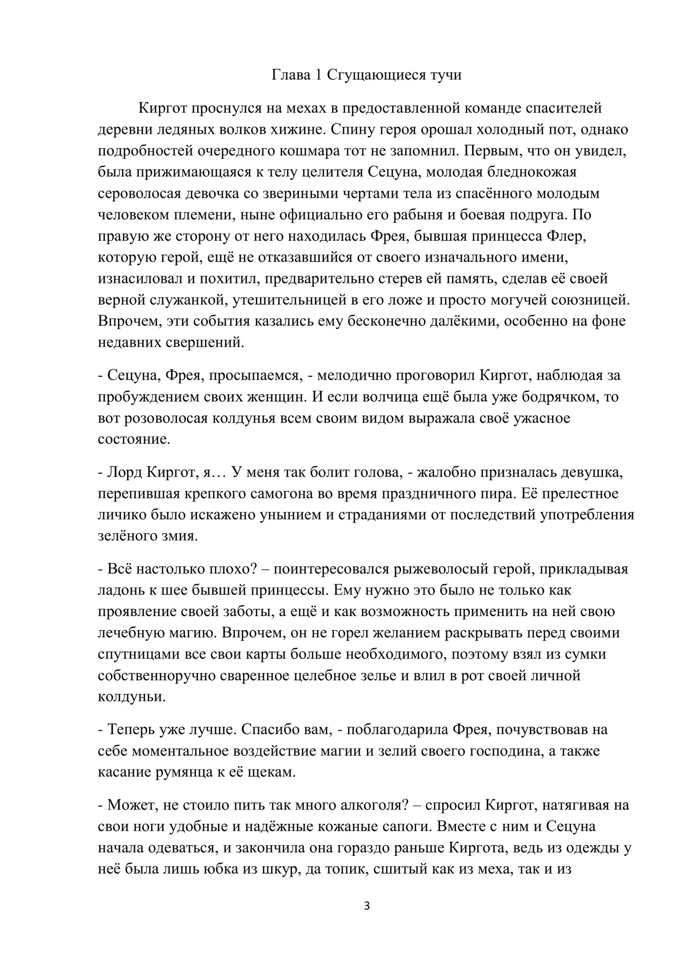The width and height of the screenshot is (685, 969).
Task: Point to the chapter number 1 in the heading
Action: pyautogui.click(x=319, y=76)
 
